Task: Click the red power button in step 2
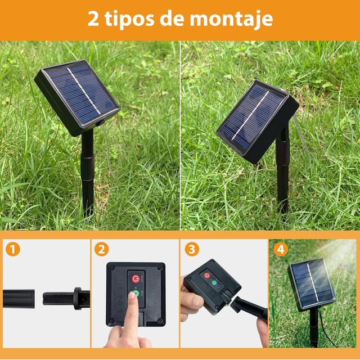[x=136, y=278]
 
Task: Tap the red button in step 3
[x=206, y=275]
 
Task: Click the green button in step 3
[x=214, y=282]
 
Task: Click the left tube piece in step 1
[x=18, y=299]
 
